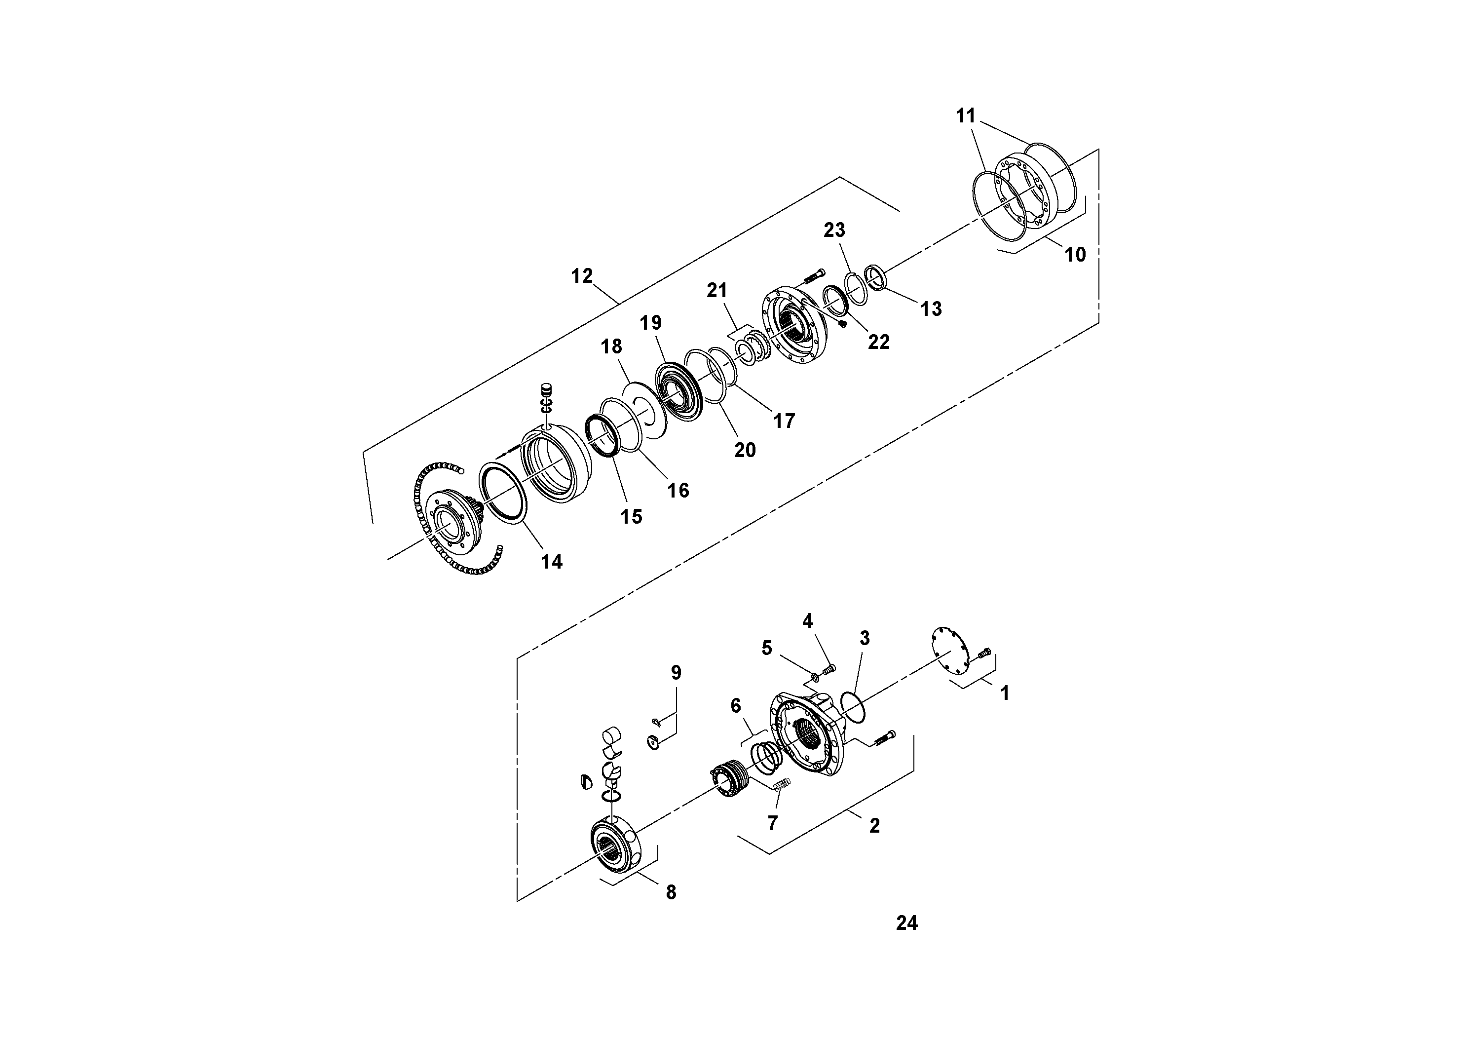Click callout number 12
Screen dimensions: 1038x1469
582,276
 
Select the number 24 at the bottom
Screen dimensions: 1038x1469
906,923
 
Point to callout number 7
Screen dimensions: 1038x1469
772,823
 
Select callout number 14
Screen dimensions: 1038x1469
552,561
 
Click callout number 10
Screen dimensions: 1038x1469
1075,254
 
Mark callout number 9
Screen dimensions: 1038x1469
676,673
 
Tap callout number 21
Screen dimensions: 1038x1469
716,290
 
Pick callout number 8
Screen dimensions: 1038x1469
671,891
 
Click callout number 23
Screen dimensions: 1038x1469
833,230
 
